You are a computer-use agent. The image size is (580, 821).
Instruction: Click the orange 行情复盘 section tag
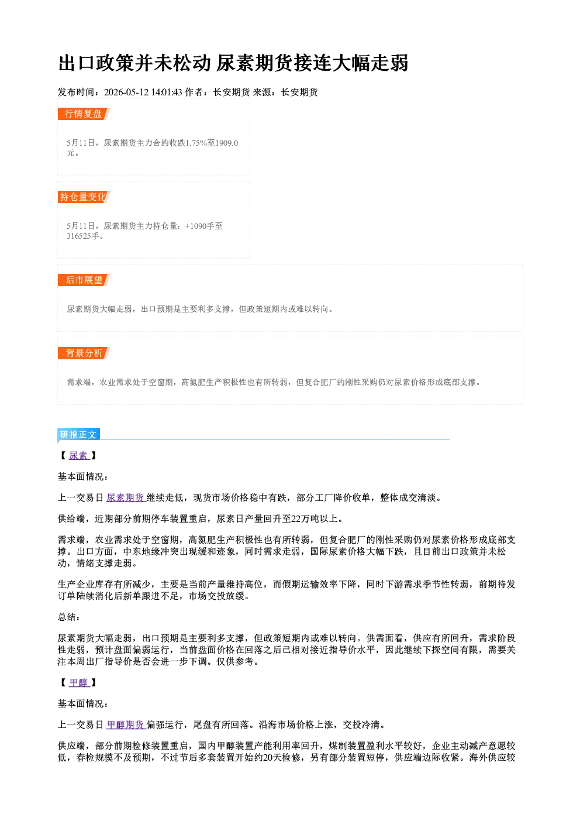click(x=84, y=114)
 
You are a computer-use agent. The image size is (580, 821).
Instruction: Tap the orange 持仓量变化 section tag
click(x=84, y=197)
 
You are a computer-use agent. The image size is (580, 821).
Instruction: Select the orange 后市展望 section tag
click(x=84, y=280)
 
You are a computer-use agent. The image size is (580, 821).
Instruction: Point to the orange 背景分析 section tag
click(x=84, y=353)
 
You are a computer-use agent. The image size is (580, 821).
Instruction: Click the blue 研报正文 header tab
click(x=78, y=434)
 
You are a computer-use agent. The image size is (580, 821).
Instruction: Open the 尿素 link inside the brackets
click(x=79, y=456)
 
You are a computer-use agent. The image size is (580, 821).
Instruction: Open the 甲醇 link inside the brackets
click(x=79, y=682)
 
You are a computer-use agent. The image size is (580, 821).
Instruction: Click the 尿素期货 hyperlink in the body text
click(x=126, y=498)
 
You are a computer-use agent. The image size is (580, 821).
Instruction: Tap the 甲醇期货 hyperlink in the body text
click(x=126, y=724)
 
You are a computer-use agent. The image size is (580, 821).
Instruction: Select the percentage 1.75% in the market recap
click(x=196, y=143)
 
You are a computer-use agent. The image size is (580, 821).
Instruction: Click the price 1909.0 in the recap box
click(x=227, y=143)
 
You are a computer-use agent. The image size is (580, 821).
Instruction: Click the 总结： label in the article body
click(x=69, y=617)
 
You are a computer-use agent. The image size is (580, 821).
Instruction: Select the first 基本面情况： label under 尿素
click(x=83, y=476)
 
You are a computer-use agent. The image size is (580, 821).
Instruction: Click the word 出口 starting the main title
click(x=77, y=63)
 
